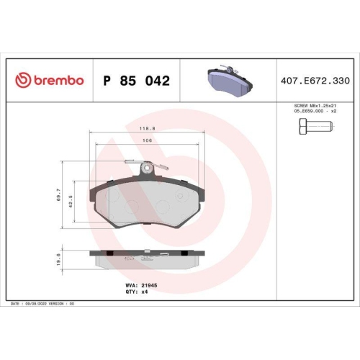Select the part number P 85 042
tap(137, 81)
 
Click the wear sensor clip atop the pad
tap(147, 168)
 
